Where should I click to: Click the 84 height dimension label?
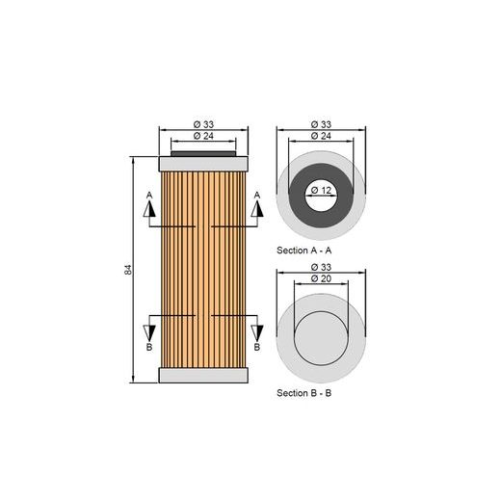click(128, 269)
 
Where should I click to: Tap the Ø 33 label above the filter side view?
click(202, 124)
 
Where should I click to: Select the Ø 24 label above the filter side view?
click(202, 136)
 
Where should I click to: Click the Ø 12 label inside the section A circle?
click(322, 190)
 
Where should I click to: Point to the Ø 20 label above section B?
click(322, 277)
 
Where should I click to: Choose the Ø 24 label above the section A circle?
click(322, 136)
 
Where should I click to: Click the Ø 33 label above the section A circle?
click(322, 124)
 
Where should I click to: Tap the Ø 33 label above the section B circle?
click(322, 266)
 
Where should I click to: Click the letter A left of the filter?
click(149, 196)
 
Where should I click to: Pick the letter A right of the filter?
click(256, 196)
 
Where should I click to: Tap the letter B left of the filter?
click(149, 347)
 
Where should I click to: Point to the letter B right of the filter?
click(256, 347)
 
